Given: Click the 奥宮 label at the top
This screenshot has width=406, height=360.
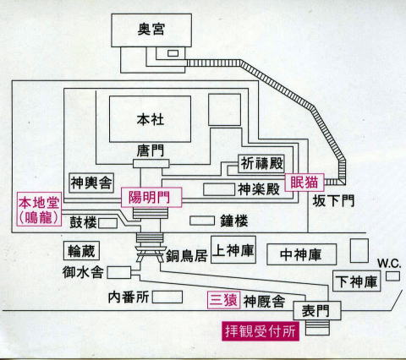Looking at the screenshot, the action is [151, 29].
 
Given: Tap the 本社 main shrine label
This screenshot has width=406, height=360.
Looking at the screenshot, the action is [151, 119].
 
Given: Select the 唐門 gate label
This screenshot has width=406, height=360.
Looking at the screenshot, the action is [151, 150].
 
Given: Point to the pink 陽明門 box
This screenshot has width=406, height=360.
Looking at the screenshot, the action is [151, 197].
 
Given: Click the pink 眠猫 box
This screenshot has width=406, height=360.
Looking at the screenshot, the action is [304, 183].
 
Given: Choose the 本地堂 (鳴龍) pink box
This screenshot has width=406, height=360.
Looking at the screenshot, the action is [39, 209].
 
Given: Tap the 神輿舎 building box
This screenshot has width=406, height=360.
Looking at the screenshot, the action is [91, 183].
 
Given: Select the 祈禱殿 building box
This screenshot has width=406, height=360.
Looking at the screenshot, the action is [261, 164].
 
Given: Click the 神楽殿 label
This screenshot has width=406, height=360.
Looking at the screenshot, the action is [259, 189].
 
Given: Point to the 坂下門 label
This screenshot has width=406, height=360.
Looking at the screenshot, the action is [333, 201].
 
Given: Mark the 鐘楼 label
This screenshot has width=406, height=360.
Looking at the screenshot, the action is [234, 221].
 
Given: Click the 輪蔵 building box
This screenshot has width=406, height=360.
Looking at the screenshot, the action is [81, 250].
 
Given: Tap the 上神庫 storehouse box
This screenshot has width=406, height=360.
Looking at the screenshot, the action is [233, 249].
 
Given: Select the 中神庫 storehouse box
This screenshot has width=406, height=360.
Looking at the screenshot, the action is [301, 254].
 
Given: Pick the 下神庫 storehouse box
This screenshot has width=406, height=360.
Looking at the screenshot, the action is [356, 281].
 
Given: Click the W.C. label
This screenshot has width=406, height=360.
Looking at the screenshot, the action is [389, 264].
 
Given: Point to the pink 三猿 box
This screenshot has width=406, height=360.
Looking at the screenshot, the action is [224, 300].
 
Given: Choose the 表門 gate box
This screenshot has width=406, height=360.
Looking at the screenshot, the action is [317, 311].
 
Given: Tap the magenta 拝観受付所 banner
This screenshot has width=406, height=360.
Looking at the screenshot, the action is [261, 331].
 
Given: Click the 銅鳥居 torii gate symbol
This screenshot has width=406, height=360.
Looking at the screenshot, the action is [150, 254].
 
